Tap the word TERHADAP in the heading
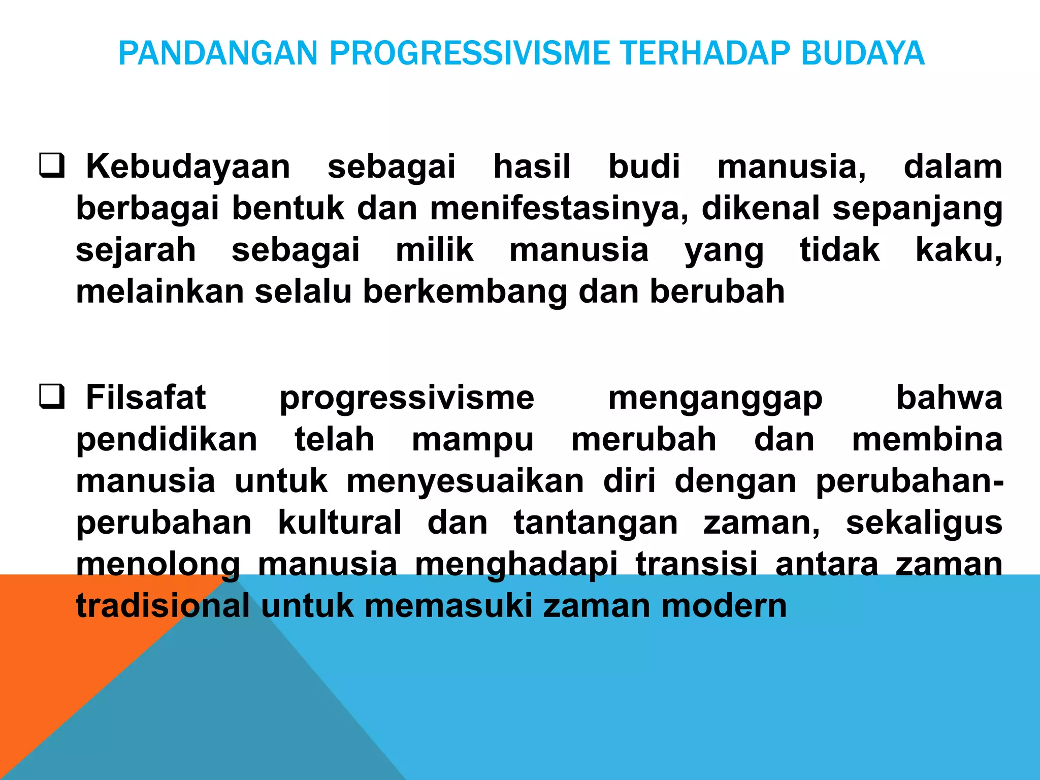[x=704, y=53]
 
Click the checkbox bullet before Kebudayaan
[x=52, y=166]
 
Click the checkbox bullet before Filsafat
[x=52, y=397]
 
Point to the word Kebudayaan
[x=188, y=167]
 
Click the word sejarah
[x=136, y=250]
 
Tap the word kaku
[x=958, y=250]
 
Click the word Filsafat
[x=146, y=397]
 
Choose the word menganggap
[x=715, y=398]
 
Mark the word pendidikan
[x=167, y=440]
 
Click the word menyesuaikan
[x=465, y=481]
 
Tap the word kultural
[x=340, y=523]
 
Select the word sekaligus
[x=924, y=523]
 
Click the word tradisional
[x=162, y=606]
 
